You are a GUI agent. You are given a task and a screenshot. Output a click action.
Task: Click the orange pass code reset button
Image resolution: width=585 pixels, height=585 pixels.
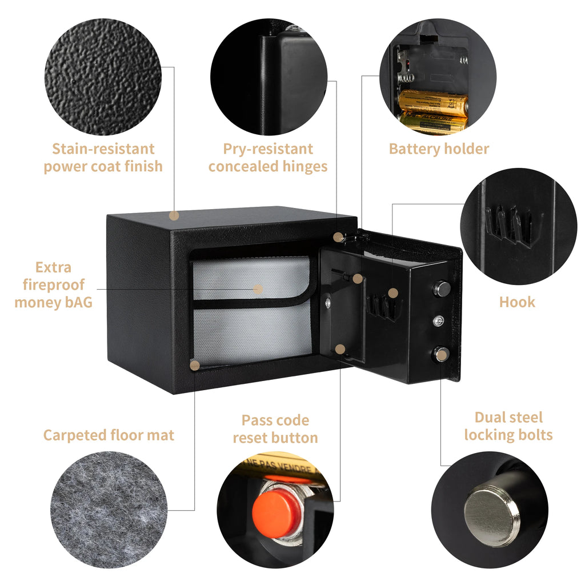277,511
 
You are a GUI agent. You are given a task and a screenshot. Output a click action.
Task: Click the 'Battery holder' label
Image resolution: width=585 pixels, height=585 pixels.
439,149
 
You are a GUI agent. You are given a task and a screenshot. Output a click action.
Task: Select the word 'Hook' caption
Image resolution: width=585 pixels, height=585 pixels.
517,302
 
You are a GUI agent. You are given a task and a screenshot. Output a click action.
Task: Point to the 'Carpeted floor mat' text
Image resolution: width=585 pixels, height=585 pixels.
109,435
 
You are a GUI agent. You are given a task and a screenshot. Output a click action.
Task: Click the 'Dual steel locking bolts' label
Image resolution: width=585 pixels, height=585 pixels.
508,426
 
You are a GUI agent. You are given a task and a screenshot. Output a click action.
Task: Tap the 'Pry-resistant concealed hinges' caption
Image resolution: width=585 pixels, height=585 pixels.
268,158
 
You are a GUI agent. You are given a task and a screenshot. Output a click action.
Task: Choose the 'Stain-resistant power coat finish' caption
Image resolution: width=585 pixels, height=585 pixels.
103,158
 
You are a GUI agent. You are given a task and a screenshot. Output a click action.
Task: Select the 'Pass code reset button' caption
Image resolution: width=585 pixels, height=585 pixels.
275,429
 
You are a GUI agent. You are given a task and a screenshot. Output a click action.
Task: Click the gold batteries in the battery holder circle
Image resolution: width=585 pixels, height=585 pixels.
434,110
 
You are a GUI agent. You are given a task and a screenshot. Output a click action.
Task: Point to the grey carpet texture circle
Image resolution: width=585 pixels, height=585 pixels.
109,509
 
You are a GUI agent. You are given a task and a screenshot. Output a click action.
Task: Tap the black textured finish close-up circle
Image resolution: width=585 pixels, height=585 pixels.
103,77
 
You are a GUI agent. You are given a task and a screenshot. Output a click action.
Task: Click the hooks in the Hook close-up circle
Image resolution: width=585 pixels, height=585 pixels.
511,226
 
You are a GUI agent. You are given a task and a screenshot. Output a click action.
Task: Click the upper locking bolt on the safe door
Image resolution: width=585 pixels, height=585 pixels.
441,289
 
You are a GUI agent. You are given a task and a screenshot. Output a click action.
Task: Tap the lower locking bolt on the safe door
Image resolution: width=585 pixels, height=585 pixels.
441,355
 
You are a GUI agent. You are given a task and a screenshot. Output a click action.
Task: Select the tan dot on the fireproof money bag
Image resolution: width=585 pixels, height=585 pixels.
258,290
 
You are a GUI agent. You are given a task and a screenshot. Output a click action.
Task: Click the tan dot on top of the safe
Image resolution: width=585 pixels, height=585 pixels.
174,216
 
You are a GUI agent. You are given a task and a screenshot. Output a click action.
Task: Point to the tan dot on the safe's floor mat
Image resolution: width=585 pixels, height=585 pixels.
195,365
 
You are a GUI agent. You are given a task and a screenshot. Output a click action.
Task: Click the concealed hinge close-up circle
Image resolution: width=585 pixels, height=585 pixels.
269,77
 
